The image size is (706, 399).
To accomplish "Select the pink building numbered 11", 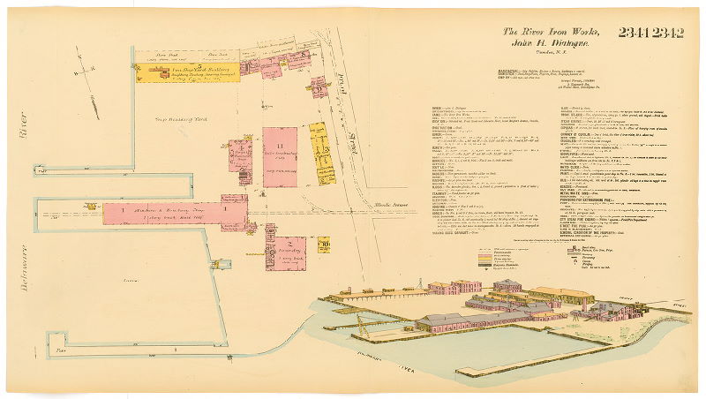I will [x=280, y=157].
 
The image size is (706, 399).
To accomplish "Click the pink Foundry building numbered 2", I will [x=286, y=252].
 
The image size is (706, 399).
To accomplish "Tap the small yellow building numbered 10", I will [x=323, y=245].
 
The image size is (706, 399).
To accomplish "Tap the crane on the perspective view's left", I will [x=361, y=326].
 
